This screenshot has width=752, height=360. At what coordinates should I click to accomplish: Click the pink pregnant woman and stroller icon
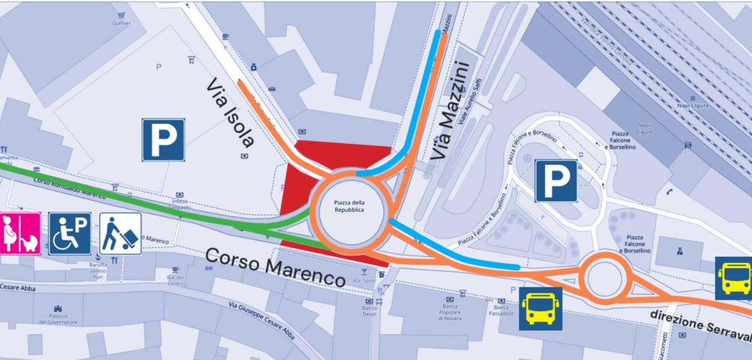(20, 233)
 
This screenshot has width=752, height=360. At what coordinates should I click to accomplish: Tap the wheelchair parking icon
(69, 233)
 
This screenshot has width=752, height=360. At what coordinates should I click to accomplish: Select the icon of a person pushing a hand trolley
(120, 233)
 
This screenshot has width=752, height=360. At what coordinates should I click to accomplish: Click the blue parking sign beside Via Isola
(163, 140)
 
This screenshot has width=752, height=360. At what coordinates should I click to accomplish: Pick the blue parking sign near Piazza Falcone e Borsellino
(557, 181)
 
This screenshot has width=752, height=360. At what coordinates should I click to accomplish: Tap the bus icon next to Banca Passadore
(540, 308)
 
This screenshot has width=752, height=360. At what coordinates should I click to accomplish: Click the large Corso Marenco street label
(275, 267)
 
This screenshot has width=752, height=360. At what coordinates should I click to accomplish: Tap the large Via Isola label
(231, 112)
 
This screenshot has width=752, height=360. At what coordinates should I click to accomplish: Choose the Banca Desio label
(370, 311)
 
